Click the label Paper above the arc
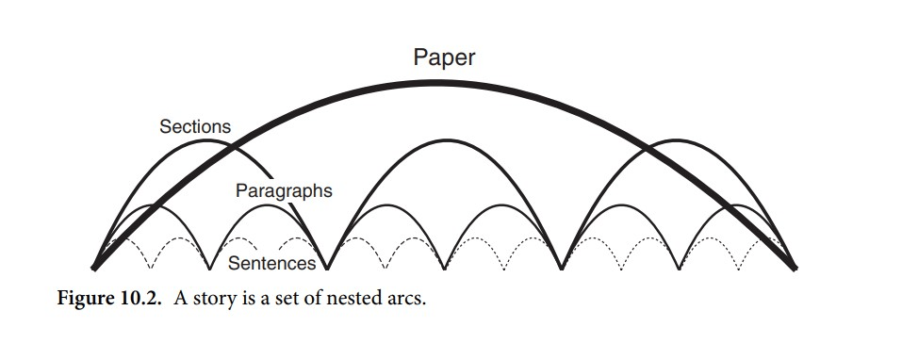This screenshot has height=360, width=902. (x=444, y=57)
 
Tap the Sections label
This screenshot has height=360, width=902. (x=195, y=126)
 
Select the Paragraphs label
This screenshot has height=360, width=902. (x=284, y=190)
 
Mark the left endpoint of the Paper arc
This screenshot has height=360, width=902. (x=93, y=268)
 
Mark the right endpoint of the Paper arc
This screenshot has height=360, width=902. (x=796, y=268)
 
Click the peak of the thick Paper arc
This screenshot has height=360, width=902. (x=444, y=82)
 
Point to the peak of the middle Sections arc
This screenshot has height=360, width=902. (x=444, y=139)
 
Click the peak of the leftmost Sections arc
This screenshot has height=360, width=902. (x=210, y=141)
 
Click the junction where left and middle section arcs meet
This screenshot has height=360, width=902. (x=327, y=268)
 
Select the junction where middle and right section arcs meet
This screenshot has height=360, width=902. (x=562, y=268)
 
